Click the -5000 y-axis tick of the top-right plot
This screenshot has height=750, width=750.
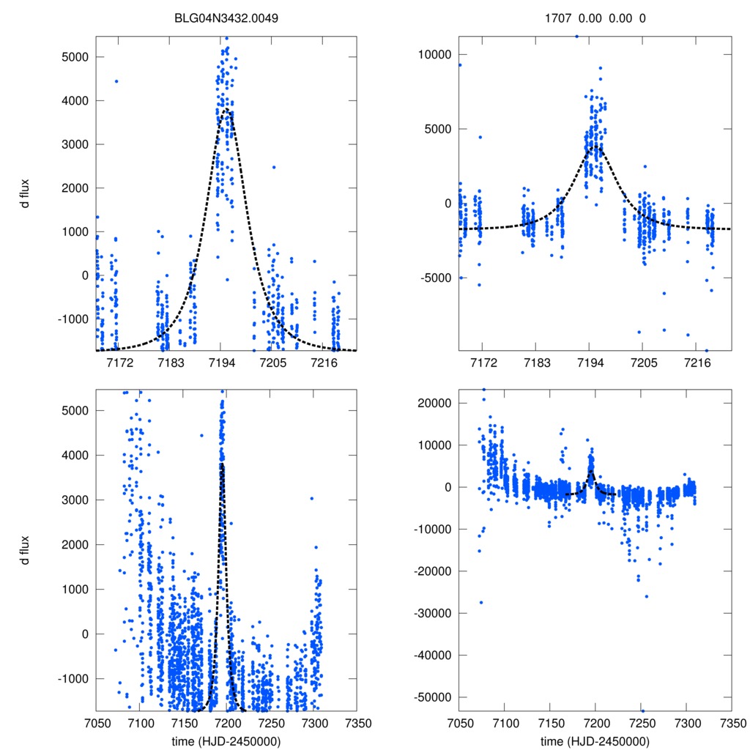point(435,278)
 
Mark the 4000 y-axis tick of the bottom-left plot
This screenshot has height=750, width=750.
point(74,456)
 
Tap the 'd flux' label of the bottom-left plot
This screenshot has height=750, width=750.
point(26,550)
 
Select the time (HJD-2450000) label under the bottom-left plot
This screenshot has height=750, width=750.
point(226,740)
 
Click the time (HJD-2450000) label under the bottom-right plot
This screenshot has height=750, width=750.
point(595,740)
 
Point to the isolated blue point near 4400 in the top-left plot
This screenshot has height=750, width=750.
point(116,81)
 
